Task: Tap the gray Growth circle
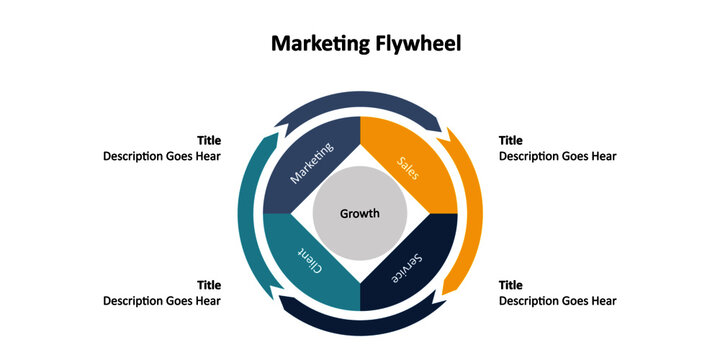[360, 213]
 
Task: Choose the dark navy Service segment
[411, 266]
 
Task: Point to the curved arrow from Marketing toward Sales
[360, 103]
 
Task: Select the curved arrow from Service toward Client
[360, 324]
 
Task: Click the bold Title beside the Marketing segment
[209, 141]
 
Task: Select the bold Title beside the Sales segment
[511, 141]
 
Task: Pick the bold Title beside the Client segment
[209, 286]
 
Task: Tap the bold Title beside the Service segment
[511, 286]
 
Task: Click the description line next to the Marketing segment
[162, 156]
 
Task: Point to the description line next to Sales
[558, 156]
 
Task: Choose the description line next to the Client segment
[162, 301]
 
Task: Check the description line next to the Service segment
[558, 301]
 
